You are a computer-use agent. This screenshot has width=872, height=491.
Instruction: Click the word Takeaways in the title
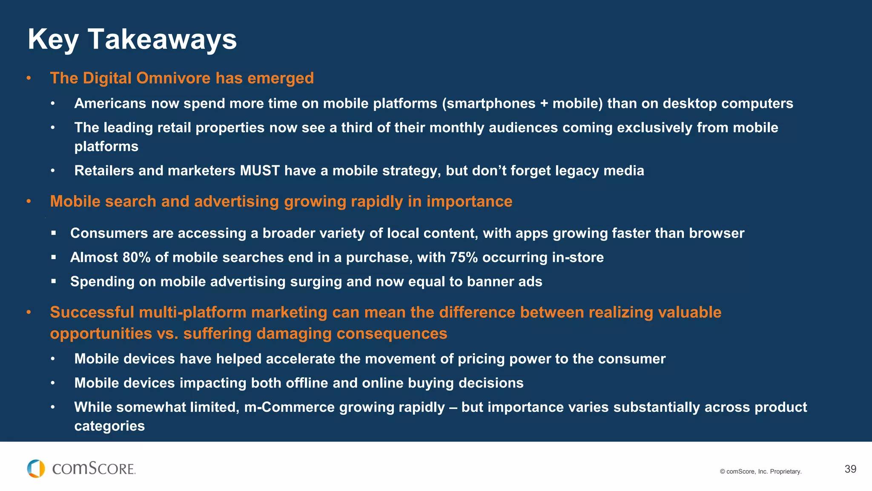tap(162, 39)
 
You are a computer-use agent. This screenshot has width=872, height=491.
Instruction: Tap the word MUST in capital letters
tap(260, 171)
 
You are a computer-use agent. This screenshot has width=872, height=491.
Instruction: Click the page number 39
tap(850, 469)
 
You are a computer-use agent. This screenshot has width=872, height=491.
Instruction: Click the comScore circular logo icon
tap(36, 469)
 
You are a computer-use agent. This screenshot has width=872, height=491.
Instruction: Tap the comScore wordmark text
tap(94, 469)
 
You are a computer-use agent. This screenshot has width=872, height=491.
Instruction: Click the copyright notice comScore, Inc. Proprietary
tap(760, 471)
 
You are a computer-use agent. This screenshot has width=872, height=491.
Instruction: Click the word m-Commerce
tap(290, 407)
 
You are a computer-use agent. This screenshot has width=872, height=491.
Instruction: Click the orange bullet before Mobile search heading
tap(29, 202)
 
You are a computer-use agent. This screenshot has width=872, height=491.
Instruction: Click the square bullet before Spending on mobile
tap(53, 282)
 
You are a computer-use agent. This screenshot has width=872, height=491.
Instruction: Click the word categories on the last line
tap(109, 426)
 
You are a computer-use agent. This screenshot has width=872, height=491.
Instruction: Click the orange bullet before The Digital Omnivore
tap(29, 78)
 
